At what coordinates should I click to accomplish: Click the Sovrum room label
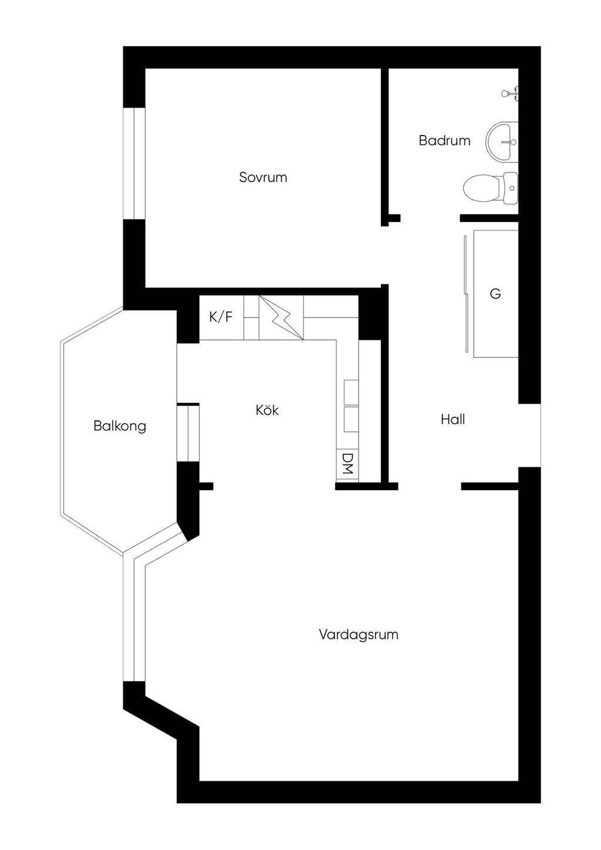263,177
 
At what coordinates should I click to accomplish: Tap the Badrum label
444,141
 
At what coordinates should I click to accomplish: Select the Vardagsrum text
359,635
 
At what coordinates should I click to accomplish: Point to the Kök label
267,410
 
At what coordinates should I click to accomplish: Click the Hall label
453,420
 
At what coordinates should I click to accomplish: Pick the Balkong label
120,426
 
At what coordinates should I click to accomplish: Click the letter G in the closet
495,294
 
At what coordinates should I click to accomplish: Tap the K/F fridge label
221,318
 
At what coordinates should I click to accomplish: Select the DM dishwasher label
347,464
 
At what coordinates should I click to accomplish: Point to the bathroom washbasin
502,141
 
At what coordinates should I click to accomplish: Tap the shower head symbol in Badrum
510,93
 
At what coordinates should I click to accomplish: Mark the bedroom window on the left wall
134,164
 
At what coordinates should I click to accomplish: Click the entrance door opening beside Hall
529,436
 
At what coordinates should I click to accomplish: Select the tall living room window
134,622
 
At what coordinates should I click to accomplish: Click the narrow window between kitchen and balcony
188,433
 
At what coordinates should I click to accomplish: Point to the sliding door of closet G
466,294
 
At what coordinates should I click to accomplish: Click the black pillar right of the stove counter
370,318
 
